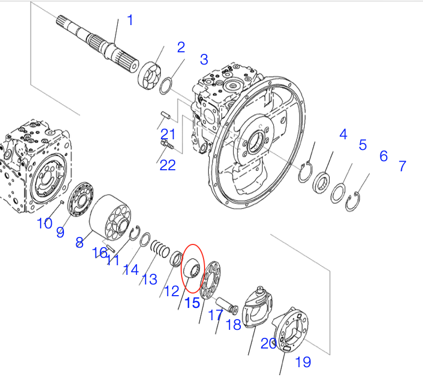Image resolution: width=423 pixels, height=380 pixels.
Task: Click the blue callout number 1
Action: pyautogui.click(x=131, y=20)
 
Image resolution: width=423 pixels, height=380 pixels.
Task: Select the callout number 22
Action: pyautogui.click(x=167, y=165)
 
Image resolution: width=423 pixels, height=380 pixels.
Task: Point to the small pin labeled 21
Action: pyautogui.click(x=165, y=115)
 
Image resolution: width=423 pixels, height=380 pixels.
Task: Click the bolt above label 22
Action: pyautogui.click(x=167, y=144)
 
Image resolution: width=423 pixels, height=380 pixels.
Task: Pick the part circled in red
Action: pyautogui.click(x=192, y=267)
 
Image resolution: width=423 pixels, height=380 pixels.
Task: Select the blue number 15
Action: pyautogui.click(x=193, y=303)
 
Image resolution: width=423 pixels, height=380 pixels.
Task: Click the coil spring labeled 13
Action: pyautogui.click(x=160, y=249)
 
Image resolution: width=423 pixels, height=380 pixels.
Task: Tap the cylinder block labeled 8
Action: pyautogui.click(x=110, y=218)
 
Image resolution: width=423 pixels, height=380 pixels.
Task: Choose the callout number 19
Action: pyautogui.click(x=303, y=362)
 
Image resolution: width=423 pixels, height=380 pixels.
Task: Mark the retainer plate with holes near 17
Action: pyautogui.click(x=211, y=280)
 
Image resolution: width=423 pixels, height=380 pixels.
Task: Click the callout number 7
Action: pyautogui.click(x=403, y=166)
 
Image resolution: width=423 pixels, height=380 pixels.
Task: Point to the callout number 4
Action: pyautogui.click(x=343, y=134)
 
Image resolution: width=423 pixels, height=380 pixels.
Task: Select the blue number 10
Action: pyautogui.click(x=45, y=223)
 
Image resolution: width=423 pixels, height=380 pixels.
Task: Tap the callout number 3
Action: pyautogui.click(x=204, y=59)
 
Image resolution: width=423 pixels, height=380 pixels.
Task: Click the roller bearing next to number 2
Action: pyautogui.click(x=149, y=76)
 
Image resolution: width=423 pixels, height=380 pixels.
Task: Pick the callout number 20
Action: pyautogui.click(x=268, y=344)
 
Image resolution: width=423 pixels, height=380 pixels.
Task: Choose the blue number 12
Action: pyautogui.click(x=172, y=291)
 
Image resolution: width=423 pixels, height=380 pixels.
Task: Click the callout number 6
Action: pyautogui.click(x=384, y=156)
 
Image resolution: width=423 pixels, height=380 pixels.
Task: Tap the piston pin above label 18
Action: pyautogui.click(x=227, y=306)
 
